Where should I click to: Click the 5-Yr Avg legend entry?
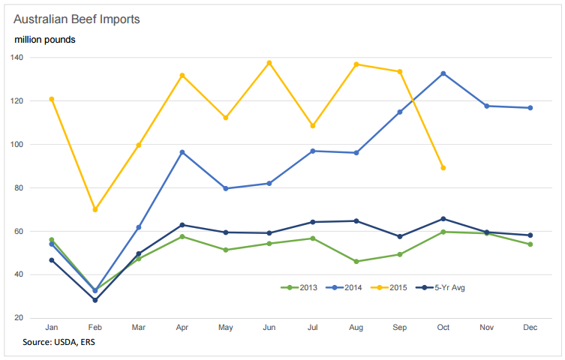point(446,287)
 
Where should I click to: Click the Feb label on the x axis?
point(95,328)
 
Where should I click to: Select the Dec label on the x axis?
point(530,328)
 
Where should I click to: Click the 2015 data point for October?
point(443,168)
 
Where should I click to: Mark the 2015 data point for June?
point(269,63)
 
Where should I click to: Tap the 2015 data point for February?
point(95,209)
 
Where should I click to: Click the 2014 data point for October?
point(443,73)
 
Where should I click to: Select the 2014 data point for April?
point(182,152)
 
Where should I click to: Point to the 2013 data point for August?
point(356,261)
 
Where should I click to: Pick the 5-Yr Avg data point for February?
point(95,300)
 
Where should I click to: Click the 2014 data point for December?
point(530,108)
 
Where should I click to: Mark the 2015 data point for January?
point(52,99)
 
